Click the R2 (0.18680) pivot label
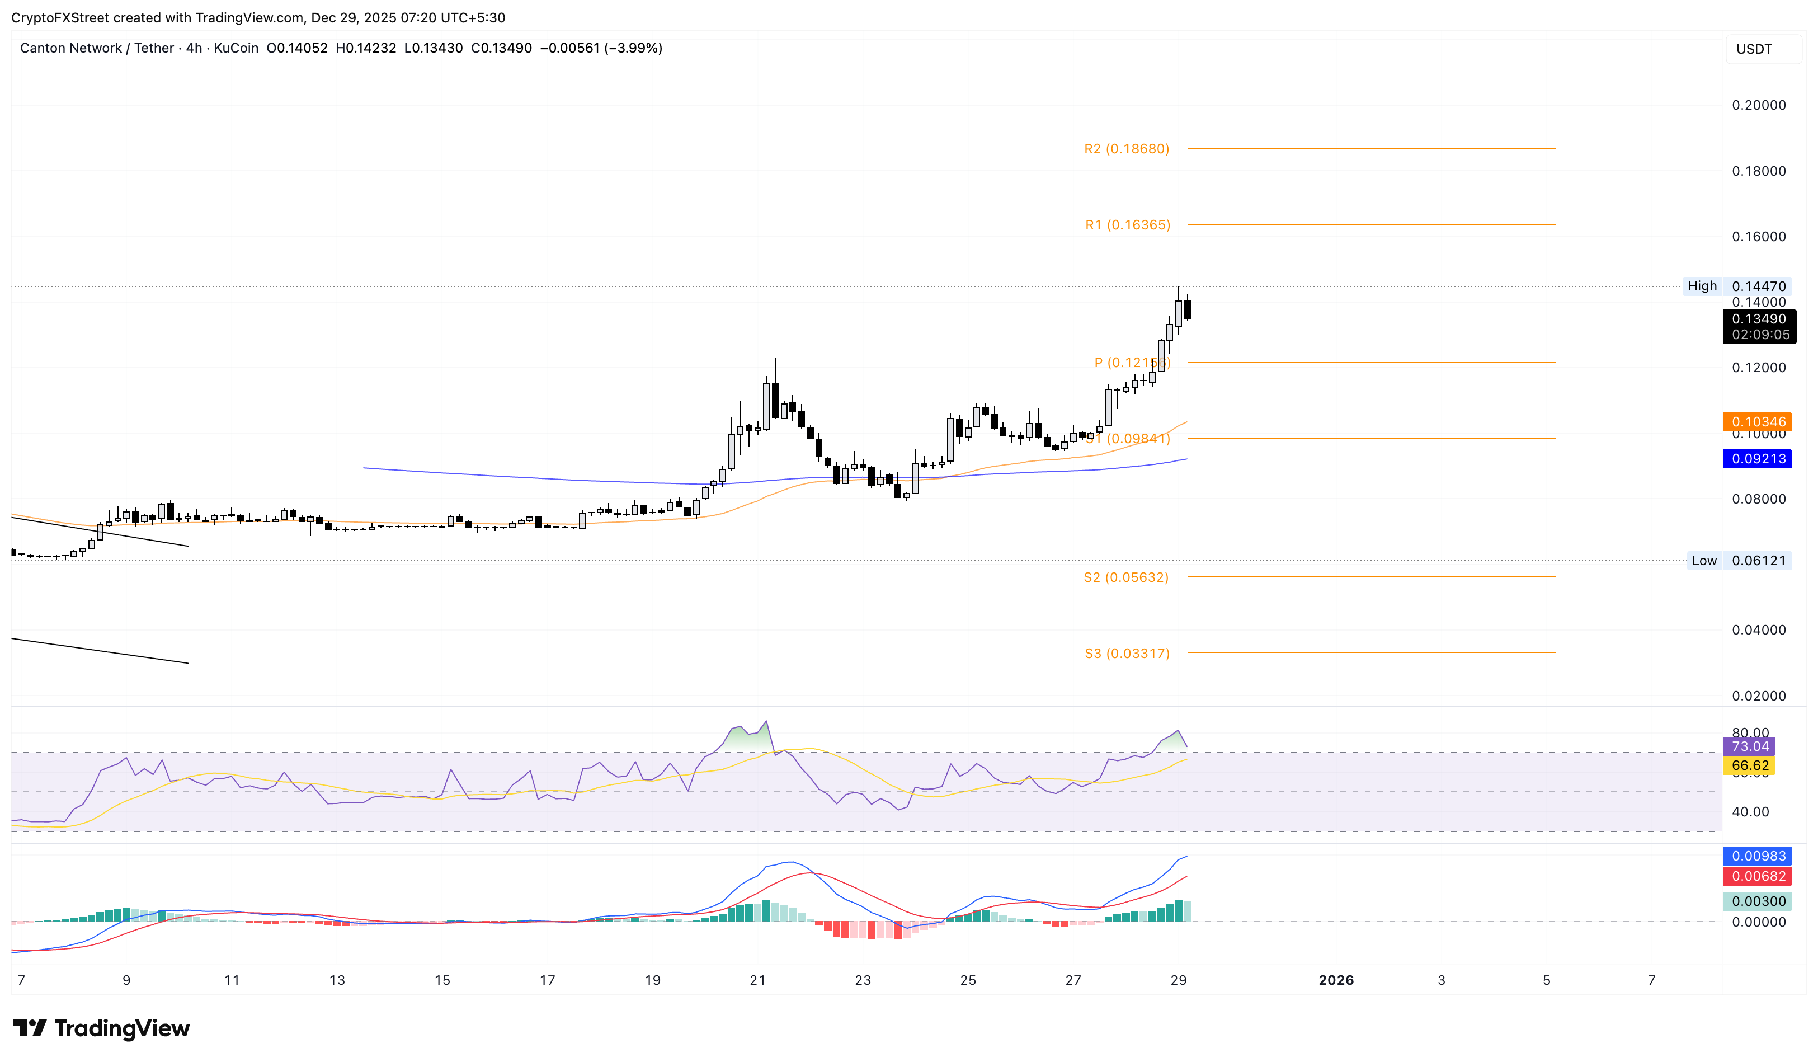1126,149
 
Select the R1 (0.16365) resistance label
1128,225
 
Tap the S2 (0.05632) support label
1125,577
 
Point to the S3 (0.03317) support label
1127,654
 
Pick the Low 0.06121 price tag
1739,561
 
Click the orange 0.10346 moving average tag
1758,421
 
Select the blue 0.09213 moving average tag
1758,459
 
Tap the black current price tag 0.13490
1759,319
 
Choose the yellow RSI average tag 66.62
1749,765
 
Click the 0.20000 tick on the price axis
1759,105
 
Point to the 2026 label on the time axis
1336,980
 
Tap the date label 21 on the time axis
757,980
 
